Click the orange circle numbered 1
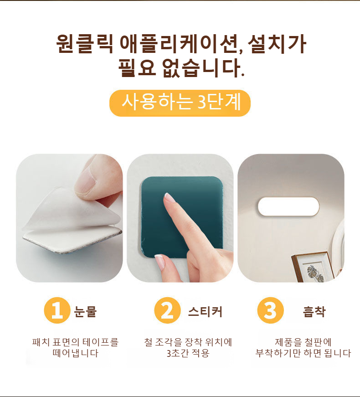[57, 310]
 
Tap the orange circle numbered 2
[167, 310]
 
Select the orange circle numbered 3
[270, 310]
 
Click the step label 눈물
[85, 311]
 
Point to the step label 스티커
[205, 312]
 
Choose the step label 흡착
[314, 312]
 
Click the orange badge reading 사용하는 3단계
[180, 103]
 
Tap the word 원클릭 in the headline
[84, 44]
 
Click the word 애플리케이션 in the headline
[181, 44]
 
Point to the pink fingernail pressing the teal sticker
[169, 197]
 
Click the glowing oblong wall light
[288, 206]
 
